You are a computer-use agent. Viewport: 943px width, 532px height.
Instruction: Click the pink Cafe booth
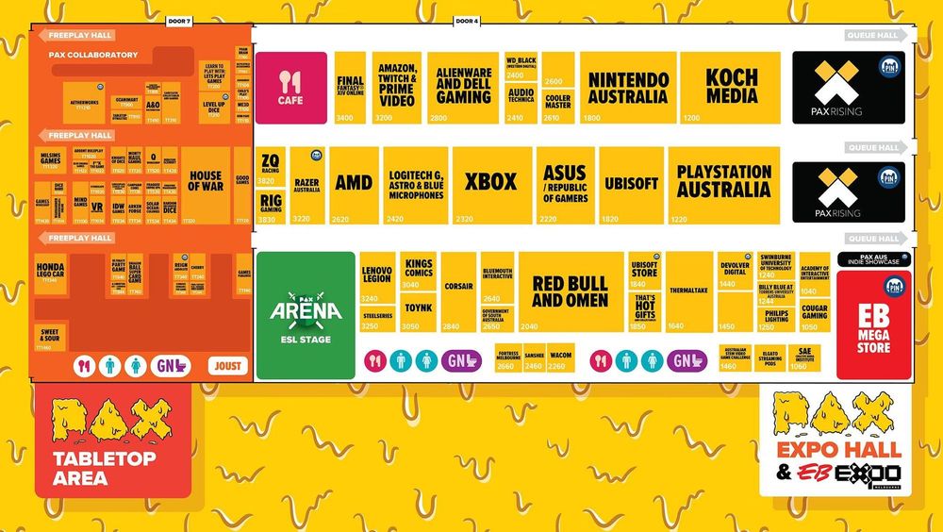pos(290,87)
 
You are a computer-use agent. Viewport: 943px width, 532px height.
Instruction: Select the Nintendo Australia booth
pos(628,87)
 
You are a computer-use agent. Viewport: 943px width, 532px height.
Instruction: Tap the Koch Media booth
pos(731,87)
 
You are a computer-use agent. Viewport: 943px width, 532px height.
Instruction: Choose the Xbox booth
pos(490,184)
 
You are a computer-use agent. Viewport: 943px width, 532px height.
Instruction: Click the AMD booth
pos(354,184)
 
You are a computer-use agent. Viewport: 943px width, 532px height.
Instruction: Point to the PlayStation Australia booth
pos(724,184)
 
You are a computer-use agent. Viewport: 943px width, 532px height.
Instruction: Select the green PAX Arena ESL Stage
pos(306,314)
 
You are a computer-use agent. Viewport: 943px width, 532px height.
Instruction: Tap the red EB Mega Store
pos(873,325)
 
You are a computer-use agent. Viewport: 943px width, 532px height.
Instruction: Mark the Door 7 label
pos(177,21)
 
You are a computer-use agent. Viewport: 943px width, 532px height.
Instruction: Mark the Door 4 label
pos(467,21)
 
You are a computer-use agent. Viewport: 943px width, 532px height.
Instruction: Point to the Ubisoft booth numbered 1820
pos(631,184)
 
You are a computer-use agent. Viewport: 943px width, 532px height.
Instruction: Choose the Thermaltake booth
pos(688,291)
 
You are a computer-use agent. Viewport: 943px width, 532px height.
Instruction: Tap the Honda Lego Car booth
pos(50,273)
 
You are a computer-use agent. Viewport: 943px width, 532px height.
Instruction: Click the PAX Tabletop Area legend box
pos(113,441)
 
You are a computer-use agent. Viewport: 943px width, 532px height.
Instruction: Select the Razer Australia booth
pos(306,184)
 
